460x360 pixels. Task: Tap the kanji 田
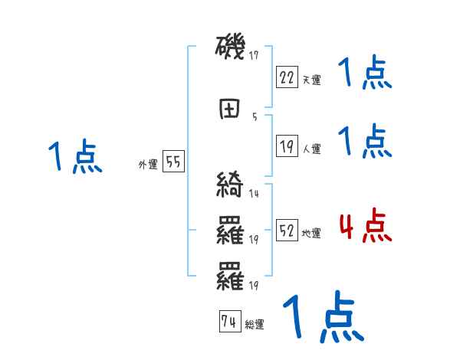[x=230, y=110]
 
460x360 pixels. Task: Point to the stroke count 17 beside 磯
[x=255, y=55]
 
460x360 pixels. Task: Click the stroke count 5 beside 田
[x=255, y=117]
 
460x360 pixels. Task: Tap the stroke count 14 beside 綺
[x=255, y=194]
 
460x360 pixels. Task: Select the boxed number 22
[x=287, y=76]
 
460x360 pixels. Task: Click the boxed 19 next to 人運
[x=287, y=146]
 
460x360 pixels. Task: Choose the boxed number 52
[x=287, y=231]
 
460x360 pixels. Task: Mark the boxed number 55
[x=173, y=162]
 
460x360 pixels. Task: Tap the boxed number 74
[x=228, y=322]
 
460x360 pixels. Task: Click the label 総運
[x=255, y=325]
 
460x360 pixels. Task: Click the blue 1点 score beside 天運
[x=365, y=74]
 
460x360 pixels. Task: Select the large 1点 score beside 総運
[x=322, y=316]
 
